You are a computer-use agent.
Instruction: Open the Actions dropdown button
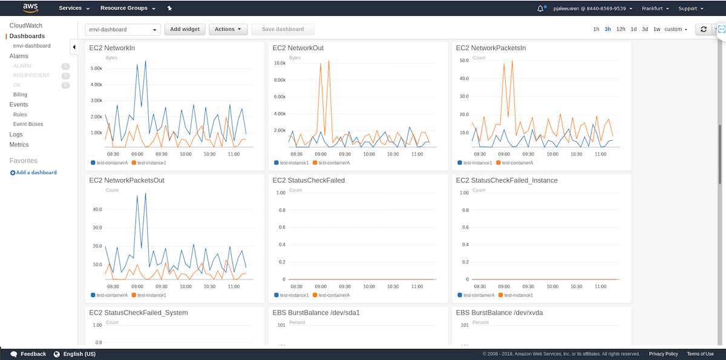(227, 29)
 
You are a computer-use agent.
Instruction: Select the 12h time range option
(621, 29)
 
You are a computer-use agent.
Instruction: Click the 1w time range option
(656, 29)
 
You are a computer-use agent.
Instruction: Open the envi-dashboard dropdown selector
(121, 29)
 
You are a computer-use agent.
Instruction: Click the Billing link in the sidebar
(20, 94)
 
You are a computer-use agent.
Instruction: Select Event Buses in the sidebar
(28, 124)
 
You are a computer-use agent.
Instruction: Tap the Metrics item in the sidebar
(19, 145)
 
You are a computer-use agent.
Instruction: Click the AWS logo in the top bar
(30, 8)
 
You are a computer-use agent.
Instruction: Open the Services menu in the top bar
(74, 8)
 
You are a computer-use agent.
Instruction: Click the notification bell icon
(540, 8)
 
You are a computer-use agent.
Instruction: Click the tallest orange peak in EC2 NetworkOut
(329, 61)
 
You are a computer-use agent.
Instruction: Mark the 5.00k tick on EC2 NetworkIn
(96, 68)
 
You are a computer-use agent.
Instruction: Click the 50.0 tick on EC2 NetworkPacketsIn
(465, 61)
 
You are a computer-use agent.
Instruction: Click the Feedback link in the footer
(28, 354)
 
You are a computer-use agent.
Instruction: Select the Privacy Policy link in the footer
(663, 354)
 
